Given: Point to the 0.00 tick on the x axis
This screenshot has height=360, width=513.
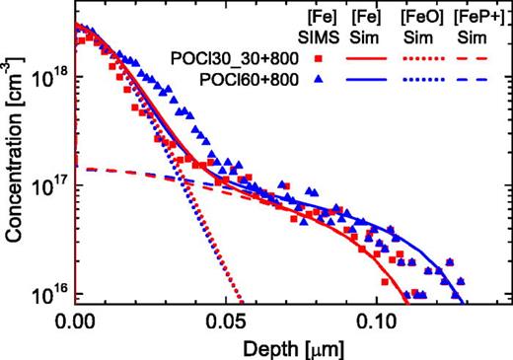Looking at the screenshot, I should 76,322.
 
